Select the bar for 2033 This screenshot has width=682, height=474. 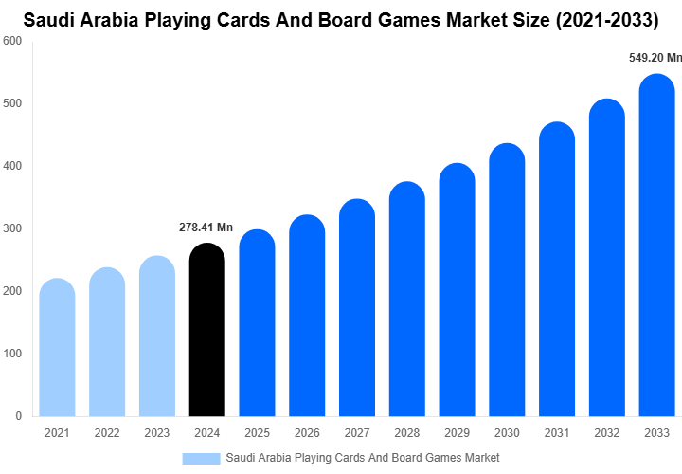coord(657,246)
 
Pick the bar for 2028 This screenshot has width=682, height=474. coord(407,299)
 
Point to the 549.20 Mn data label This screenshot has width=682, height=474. coord(655,58)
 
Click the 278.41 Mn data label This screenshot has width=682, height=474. coord(206,228)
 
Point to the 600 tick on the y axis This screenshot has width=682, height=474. coord(13,41)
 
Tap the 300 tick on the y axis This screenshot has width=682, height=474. coord(13,228)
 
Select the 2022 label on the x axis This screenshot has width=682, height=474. coord(107,432)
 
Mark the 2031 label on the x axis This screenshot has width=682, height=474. coord(557,432)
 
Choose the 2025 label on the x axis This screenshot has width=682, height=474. coord(257,432)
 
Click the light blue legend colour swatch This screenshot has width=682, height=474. coord(201,458)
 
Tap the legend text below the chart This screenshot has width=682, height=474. coord(363,458)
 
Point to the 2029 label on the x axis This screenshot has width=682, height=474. coord(457,432)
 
